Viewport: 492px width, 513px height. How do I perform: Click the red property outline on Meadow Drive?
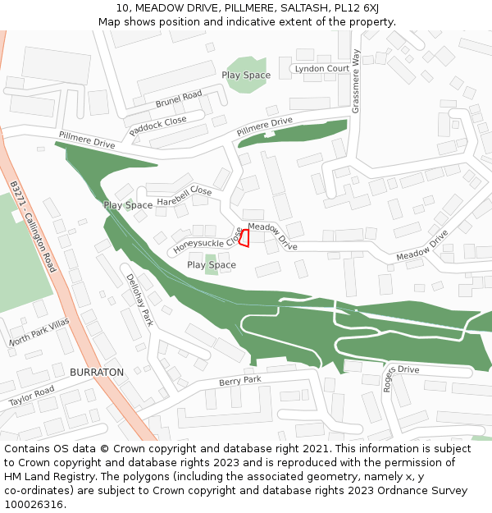coord(243,237)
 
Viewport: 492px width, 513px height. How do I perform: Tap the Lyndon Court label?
coord(321,69)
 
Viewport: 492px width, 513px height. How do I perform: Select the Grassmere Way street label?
coord(356,80)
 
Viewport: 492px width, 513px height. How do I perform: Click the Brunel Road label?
coord(179,100)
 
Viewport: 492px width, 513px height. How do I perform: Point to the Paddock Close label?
coord(157,126)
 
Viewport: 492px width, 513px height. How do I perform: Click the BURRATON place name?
coord(97,372)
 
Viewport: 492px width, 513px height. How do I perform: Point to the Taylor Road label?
coord(31,396)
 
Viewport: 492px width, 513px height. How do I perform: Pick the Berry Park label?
coord(239,381)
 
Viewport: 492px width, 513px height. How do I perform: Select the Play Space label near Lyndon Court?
coord(246,75)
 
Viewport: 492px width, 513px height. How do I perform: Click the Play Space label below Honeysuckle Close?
coord(212,265)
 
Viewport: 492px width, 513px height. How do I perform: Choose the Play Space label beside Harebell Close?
coord(128,205)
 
